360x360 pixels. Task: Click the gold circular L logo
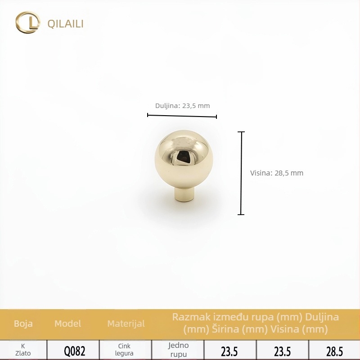coord(27,22)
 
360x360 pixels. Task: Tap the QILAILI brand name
coord(65,24)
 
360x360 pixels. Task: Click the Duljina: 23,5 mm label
coord(183,106)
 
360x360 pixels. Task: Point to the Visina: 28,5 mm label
coord(277,173)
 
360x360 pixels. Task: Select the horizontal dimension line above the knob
coord(182,116)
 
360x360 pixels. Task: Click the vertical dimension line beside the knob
coord(241,173)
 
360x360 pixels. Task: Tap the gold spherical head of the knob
coord(184,159)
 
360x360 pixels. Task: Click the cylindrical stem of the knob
coord(184,194)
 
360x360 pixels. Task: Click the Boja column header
coord(23,324)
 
